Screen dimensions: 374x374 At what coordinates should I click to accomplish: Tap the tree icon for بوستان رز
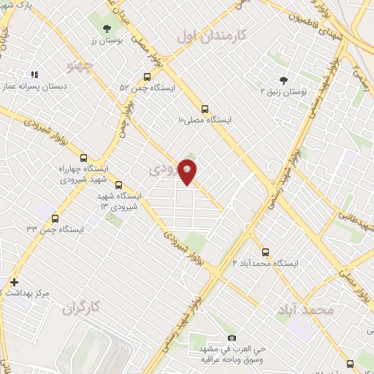107,27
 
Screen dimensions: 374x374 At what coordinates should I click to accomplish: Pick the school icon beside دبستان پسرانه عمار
34,74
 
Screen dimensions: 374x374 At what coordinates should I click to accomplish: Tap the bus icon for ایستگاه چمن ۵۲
148,76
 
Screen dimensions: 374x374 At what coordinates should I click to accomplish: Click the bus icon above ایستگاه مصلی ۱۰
205,107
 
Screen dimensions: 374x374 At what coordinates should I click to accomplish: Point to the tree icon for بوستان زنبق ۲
284,80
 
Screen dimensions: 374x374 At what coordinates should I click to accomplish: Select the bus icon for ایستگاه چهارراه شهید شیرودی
83,157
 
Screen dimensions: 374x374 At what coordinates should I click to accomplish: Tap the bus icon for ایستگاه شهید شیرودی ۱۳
119,185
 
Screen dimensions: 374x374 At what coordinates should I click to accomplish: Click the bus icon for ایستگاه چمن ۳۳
55,218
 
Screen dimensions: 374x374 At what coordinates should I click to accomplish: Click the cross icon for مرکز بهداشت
14,282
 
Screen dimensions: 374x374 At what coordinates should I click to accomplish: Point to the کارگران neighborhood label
79,308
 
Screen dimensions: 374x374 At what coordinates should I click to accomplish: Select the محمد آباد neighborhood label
305,310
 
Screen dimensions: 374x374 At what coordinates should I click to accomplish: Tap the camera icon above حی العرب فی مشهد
232,337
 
